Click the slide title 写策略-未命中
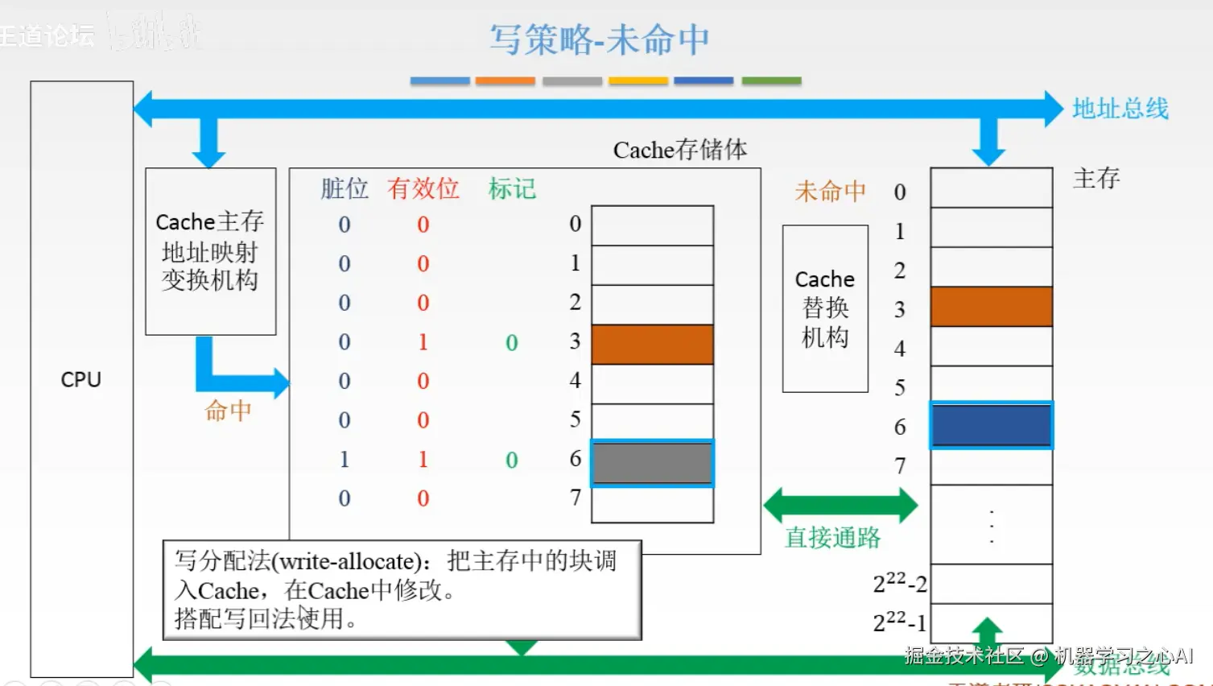(x=600, y=39)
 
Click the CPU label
(x=81, y=379)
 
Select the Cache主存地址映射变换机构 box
(x=210, y=250)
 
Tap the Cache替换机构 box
(x=825, y=308)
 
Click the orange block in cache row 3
(x=652, y=345)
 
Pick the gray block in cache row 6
(x=652, y=463)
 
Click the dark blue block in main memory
(x=991, y=425)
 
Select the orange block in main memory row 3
(x=991, y=307)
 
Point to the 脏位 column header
(x=345, y=188)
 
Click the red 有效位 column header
(x=423, y=188)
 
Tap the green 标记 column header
(x=512, y=188)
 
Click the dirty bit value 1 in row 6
(x=345, y=459)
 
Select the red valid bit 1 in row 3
(x=423, y=341)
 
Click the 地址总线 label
(x=1120, y=109)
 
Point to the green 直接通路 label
(x=832, y=538)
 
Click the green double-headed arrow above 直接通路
(x=840, y=506)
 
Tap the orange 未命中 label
(x=830, y=191)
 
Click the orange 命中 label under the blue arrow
(x=228, y=411)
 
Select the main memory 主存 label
(x=1095, y=178)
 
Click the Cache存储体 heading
(x=679, y=150)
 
